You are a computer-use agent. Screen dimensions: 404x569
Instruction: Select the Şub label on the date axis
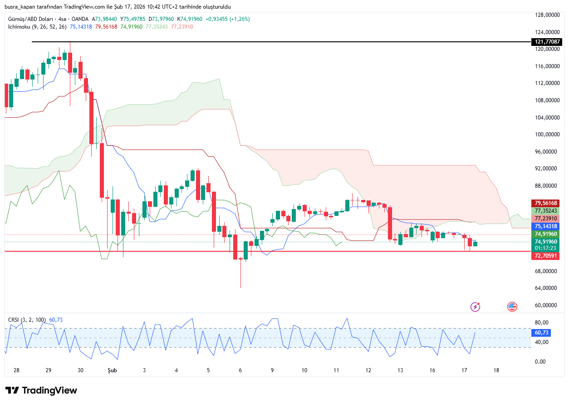112,370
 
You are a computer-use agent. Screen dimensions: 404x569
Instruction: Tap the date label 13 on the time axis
400,370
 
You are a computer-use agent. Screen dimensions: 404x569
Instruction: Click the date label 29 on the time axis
49,370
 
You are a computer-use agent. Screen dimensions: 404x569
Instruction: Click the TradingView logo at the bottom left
41,390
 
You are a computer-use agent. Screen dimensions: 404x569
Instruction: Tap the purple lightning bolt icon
476,307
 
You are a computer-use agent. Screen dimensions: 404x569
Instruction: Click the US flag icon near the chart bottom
512,307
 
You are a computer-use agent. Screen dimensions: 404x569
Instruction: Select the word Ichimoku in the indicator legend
19,27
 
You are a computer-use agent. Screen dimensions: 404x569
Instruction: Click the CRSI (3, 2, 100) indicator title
27,320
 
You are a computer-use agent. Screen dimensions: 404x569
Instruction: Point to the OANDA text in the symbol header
80,19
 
